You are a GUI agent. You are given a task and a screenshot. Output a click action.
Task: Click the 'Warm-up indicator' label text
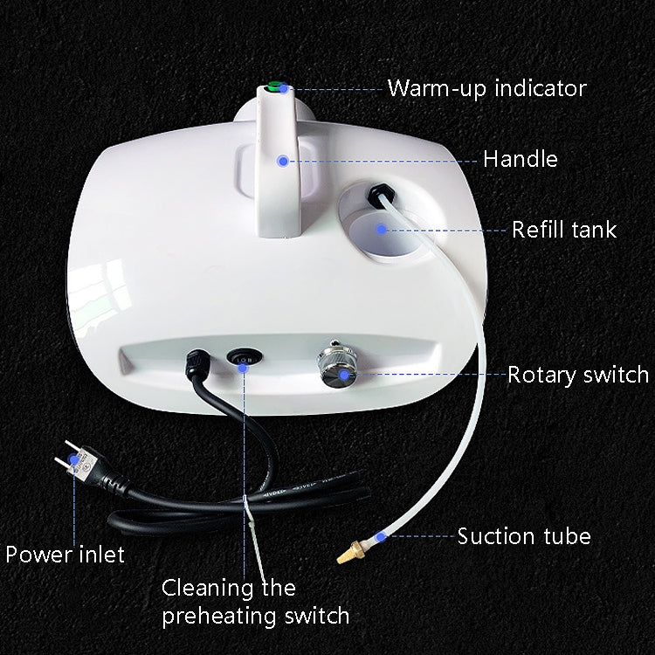click(x=486, y=88)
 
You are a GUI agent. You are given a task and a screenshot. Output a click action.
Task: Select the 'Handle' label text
click(x=520, y=159)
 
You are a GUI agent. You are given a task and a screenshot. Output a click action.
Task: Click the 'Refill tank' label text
click(x=563, y=230)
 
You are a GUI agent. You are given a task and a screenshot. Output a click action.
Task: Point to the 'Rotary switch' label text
click(x=578, y=375)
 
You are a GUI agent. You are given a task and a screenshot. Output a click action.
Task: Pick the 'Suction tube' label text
click(x=524, y=535)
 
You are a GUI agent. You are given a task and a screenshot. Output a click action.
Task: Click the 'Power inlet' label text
click(x=65, y=554)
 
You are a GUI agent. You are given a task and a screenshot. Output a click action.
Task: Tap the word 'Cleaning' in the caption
click(x=203, y=588)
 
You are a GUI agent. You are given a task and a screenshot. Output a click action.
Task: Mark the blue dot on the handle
click(x=282, y=160)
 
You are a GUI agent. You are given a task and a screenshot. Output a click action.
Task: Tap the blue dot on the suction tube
click(x=381, y=535)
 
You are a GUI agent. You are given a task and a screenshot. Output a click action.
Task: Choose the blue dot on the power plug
click(x=75, y=468)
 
